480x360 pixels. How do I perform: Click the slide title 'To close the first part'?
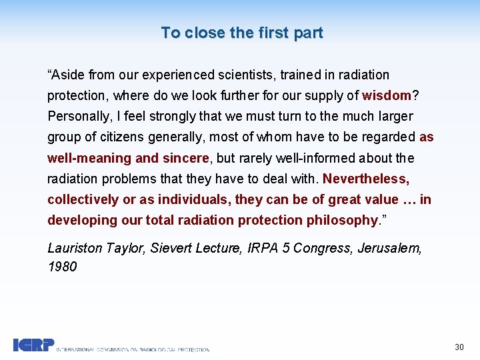click(241, 33)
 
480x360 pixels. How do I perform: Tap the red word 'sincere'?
click(185, 158)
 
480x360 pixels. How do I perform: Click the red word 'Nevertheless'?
click(366, 179)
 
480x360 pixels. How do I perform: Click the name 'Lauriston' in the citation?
click(75, 248)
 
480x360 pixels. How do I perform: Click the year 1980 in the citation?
click(62, 267)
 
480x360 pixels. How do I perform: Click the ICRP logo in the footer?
click(34, 345)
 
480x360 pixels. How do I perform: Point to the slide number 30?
click(459, 347)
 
